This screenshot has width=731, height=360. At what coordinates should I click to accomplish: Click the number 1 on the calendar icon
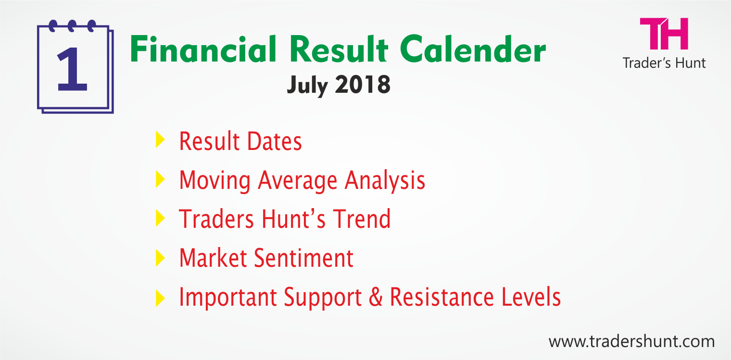[73, 69]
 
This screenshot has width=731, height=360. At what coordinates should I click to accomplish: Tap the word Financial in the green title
[203, 49]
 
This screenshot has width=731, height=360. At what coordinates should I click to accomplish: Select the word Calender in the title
[473, 49]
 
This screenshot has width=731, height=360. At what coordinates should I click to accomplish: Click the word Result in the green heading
[339, 49]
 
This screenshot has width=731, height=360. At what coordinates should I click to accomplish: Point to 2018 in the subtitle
[363, 85]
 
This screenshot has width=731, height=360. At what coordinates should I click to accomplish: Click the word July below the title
[307, 86]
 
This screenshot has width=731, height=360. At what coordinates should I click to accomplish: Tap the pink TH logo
[664, 34]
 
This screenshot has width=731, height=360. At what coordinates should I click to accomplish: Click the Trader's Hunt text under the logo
[664, 63]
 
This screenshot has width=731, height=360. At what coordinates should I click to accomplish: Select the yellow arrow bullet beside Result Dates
[160, 139]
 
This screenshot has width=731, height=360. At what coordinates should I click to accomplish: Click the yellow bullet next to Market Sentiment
[160, 258]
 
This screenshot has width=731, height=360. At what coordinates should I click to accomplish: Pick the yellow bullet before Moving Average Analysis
[160, 179]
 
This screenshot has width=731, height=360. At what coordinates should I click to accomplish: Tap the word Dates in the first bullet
[275, 141]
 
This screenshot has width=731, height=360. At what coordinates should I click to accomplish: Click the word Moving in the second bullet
[214, 181]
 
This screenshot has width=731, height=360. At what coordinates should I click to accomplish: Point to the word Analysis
[385, 181]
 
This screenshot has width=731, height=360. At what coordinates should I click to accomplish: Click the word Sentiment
[304, 258]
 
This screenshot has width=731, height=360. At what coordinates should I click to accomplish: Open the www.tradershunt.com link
[632, 342]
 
